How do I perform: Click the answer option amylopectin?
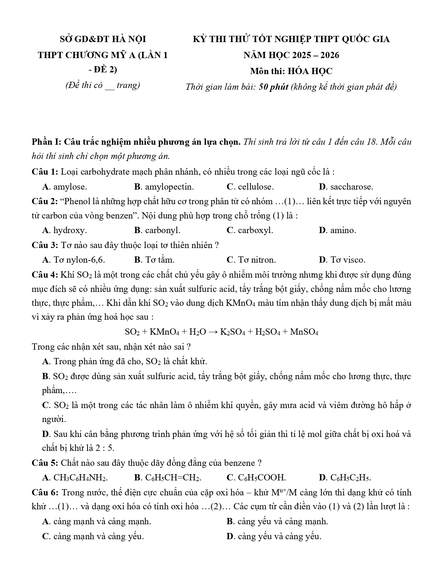click(x=169, y=187)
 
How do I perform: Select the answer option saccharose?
click(x=351, y=187)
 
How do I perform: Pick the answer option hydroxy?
click(x=70, y=230)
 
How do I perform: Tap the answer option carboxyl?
click(x=255, y=230)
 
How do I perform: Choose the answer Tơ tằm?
click(x=159, y=260)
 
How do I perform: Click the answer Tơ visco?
click(x=347, y=260)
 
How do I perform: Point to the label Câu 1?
click(x=45, y=172)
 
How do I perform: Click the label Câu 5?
click(x=45, y=463)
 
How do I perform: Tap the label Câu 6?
click(x=45, y=492)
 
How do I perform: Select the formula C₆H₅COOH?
click(x=262, y=478)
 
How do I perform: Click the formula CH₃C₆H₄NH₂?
click(x=80, y=478)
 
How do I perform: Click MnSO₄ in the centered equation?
click(x=304, y=332)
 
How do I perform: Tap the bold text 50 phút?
click(x=273, y=87)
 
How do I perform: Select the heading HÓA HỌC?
click(x=310, y=71)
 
